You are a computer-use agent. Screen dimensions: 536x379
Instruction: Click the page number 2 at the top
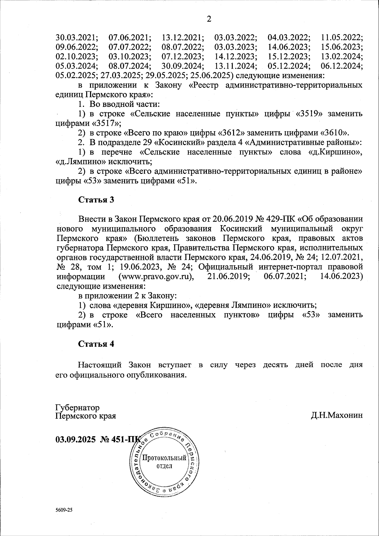pyautogui.click(x=209, y=19)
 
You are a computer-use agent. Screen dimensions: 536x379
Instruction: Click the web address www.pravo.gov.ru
pyautogui.click(x=155, y=277)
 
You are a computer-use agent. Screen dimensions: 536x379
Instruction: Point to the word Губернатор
pyautogui.click(x=77, y=407)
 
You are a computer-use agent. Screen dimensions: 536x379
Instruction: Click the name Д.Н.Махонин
pyautogui.click(x=337, y=415)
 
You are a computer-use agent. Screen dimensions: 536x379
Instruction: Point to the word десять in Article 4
pyautogui.click(x=275, y=365)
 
